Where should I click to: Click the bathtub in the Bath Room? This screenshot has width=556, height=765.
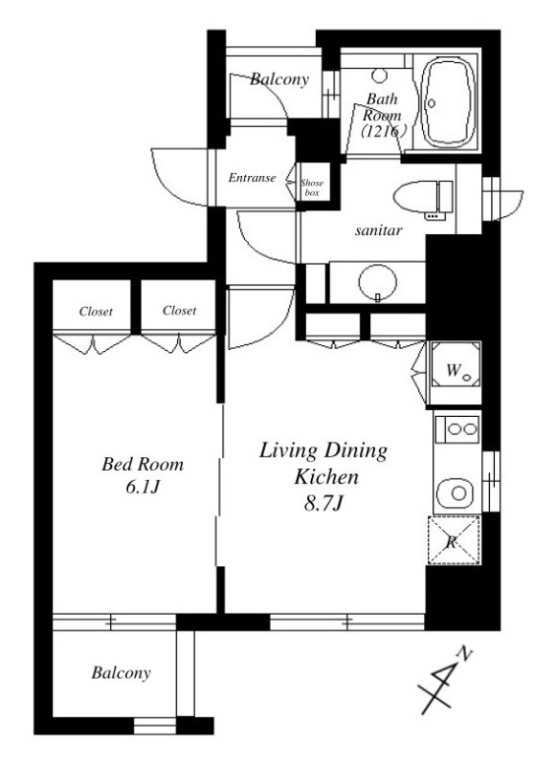pyautogui.click(x=448, y=102)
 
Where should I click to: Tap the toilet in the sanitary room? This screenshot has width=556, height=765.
pyautogui.click(x=423, y=197)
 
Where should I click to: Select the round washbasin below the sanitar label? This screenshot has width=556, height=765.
pyautogui.click(x=377, y=282)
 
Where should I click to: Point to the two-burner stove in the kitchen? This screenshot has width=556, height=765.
pyautogui.click(x=457, y=429)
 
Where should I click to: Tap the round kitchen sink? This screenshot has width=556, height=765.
pyautogui.click(x=455, y=492)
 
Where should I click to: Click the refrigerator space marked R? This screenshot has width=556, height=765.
pyautogui.click(x=454, y=540)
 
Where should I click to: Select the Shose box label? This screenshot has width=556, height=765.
pyautogui.click(x=312, y=187)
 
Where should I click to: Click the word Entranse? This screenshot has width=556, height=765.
pyautogui.click(x=252, y=178)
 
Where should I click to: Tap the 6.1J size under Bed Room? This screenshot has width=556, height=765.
pyautogui.click(x=142, y=487)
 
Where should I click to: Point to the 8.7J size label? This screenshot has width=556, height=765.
pyautogui.click(x=323, y=504)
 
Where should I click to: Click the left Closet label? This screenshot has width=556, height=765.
pyautogui.click(x=96, y=312)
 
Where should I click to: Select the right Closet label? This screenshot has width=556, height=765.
pyautogui.click(x=179, y=310)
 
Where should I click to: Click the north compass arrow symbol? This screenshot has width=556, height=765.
pyautogui.click(x=445, y=683)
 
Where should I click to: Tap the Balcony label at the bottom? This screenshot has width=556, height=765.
pyautogui.click(x=122, y=673)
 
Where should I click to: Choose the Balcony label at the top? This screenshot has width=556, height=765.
pyautogui.click(x=279, y=79)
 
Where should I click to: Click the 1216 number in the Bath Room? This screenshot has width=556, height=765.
pyautogui.click(x=384, y=131)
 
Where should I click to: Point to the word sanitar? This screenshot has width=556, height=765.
pyautogui.click(x=378, y=230)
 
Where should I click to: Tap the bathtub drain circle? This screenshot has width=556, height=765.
pyautogui.click(x=432, y=103)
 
